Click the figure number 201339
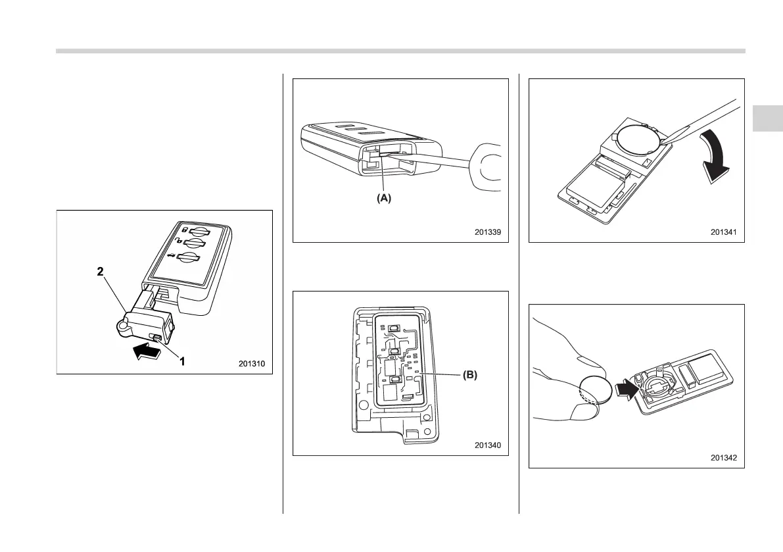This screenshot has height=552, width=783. click(x=490, y=232)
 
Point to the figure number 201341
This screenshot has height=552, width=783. click(x=726, y=232)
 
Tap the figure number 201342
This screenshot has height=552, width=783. click(x=726, y=457)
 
